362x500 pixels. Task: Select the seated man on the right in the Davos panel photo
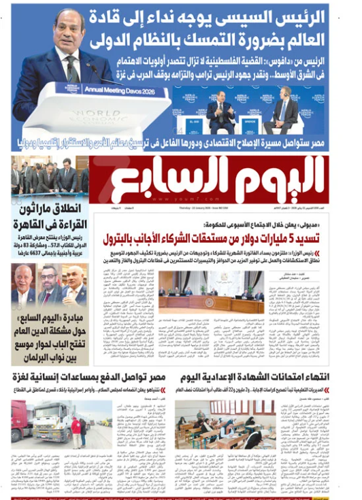coord(284,109)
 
